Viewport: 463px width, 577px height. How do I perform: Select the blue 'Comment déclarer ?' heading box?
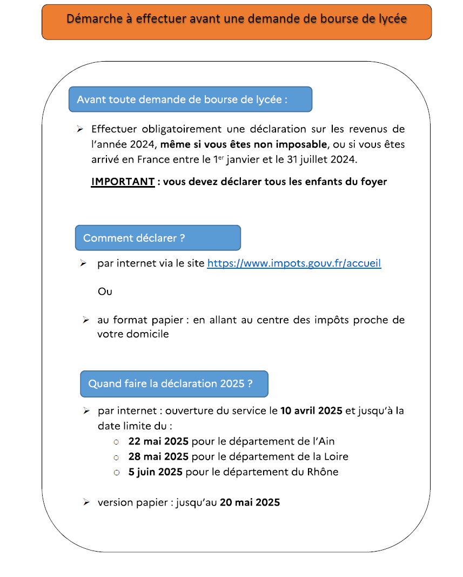[x=158, y=238]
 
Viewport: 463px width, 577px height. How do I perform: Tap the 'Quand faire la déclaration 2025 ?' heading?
[x=174, y=383]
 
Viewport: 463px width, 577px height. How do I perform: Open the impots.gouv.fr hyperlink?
[x=294, y=263]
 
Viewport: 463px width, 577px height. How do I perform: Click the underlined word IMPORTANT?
[x=123, y=182]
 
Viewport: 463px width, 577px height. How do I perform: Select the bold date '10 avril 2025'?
[x=311, y=410]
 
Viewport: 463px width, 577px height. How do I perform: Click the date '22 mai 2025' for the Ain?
[x=158, y=441]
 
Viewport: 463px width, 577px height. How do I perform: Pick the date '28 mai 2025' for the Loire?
[x=158, y=456]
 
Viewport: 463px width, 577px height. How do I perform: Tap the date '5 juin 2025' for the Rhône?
[x=156, y=472]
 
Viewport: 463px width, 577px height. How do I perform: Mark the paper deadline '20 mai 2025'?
[x=250, y=502]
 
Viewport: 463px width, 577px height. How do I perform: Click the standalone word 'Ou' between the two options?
[x=105, y=291]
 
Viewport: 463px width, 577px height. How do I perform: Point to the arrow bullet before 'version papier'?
[x=86, y=502]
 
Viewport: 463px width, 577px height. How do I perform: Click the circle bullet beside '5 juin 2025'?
[x=116, y=472]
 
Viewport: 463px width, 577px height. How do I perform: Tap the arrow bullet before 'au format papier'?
[x=86, y=320]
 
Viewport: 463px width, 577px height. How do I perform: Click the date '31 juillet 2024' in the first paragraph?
[x=323, y=160]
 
